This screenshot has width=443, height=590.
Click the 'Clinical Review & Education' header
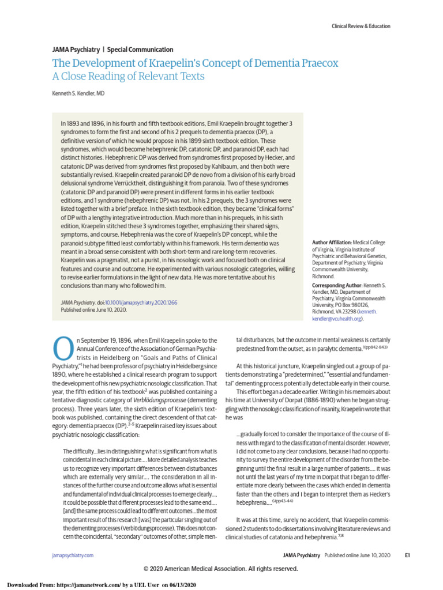coord(361,26)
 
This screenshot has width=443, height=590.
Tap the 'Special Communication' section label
coord(140,50)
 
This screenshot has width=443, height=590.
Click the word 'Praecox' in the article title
coord(314,63)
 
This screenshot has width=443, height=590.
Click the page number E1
coord(407,555)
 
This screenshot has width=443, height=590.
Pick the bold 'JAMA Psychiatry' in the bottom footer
coord(302,555)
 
